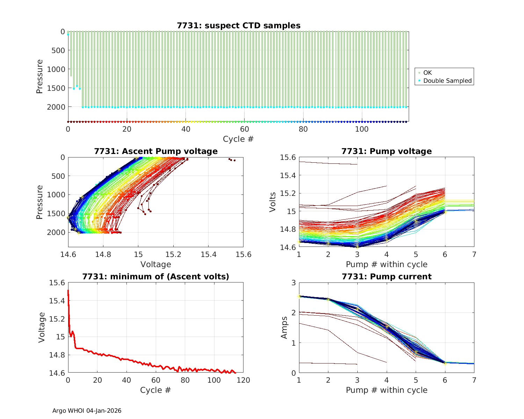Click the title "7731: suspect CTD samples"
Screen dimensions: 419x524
[x=239, y=25]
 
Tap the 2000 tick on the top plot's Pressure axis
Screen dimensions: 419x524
[x=56, y=107]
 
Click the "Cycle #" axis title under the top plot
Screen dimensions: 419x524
[x=238, y=139]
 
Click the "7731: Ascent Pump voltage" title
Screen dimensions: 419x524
[x=156, y=151]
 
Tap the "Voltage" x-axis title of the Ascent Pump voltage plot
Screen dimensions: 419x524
[x=156, y=264]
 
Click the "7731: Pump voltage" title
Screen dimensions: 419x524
[x=386, y=151]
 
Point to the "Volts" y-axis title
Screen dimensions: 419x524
[x=273, y=202]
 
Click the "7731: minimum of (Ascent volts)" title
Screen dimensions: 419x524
[x=156, y=277]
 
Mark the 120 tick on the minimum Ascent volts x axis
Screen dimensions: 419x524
[x=243, y=380]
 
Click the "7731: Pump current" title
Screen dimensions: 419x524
[x=386, y=277]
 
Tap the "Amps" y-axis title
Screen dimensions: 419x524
[x=285, y=328]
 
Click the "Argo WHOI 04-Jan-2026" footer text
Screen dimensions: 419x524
[x=87, y=411]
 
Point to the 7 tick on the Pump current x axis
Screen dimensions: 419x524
[x=474, y=380]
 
